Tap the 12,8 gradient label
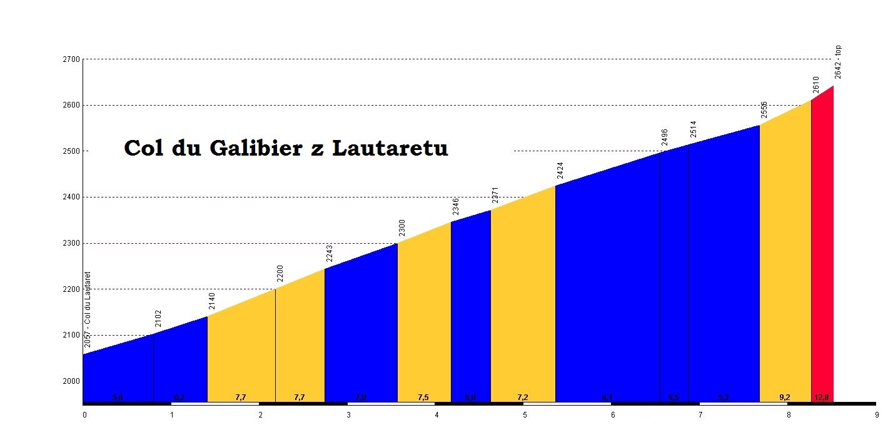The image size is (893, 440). (x=822, y=397)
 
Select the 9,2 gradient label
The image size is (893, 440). (x=785, y=397)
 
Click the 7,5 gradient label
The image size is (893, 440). (x=423, y=397)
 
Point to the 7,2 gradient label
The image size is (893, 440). (x=523, y=397)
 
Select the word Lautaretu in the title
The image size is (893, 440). (x=390, y=148)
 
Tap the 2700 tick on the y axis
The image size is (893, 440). (x=72, y=59)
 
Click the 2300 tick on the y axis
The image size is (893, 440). (x=72, y=243)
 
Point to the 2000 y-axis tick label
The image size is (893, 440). (x=72, y=381)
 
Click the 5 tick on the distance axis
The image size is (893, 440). (x=525, y=414)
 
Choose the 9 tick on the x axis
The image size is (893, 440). (x=876, y=414)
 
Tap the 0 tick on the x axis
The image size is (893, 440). (x=84, y=414)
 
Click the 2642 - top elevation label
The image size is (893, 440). (x=839, y=62)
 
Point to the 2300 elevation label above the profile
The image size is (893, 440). (x=402, y=229)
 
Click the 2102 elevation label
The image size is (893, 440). (x=158, y=319)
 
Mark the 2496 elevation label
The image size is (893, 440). (x=665, y=137)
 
